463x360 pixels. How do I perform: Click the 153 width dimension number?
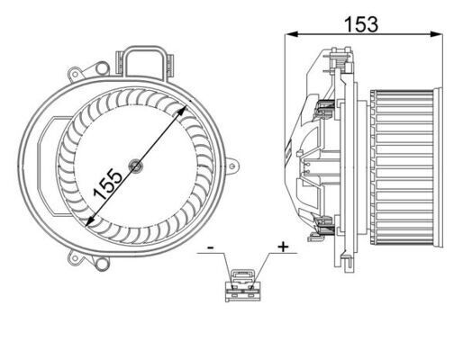(x=360, y=24)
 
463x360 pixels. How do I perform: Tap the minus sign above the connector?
(x=209, y=246)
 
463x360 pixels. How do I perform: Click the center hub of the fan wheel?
(x=135, y=164)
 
